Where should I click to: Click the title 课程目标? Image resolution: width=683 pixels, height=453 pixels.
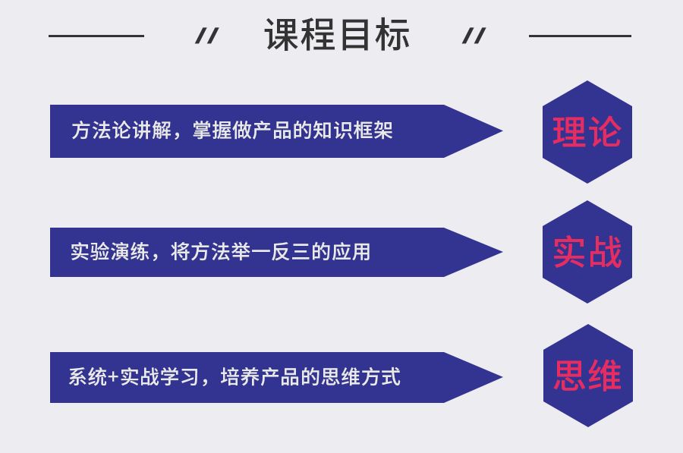coord(337,35)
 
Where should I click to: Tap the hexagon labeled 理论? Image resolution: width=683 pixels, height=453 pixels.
coord(587,132)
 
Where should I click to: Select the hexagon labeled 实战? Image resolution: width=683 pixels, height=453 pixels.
coord(587,252)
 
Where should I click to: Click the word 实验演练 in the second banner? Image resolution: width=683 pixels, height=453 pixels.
coord(103,251)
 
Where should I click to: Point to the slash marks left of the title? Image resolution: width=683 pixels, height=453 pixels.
coord(206,36)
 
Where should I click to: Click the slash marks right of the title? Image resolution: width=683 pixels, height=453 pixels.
coord(474,36)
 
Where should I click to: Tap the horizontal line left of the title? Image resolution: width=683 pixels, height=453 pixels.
coord(96,36)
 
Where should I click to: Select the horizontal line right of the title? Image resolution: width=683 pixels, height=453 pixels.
coord(580,36)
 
